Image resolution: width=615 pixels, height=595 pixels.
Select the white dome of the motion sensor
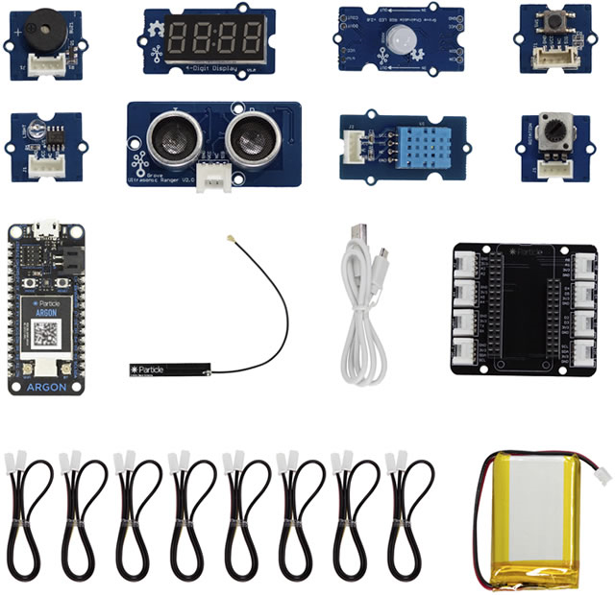pyautogui.click(x=396, y=39)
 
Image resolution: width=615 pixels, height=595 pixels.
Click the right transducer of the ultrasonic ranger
pyautogui.click(x=249, y=129)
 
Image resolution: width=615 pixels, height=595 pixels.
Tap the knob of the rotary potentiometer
pyautogui.click(x=553, y=130)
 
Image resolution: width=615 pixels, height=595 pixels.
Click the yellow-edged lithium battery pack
pyautogui.click(x=532, y=522)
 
